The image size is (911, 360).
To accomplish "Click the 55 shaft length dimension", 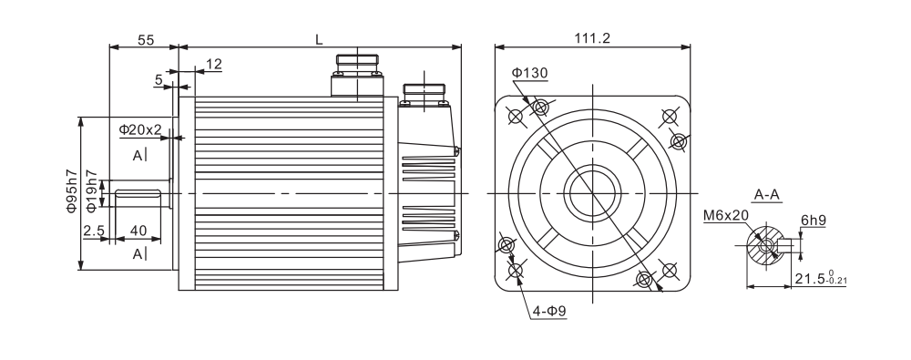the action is [x=146, y=39].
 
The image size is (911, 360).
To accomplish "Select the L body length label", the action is [x=319, y=39].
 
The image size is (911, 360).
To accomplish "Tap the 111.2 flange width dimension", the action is [x=593, y=38].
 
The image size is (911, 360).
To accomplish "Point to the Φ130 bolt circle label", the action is [x=529, y=73].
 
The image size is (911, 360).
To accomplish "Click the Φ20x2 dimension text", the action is [x=140, y=129].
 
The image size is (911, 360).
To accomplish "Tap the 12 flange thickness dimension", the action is [x=214, y=64].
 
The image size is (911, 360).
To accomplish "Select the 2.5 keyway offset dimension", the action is [x=94, y=231].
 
